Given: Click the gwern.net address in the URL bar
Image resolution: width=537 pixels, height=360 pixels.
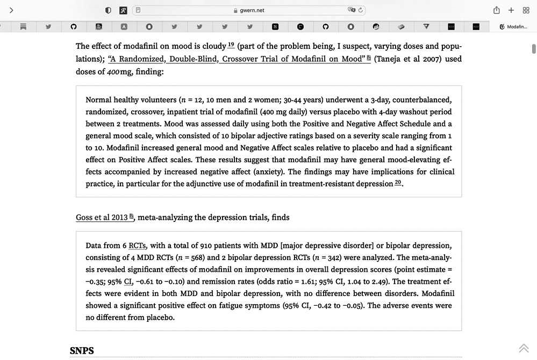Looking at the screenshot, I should pos(252,10).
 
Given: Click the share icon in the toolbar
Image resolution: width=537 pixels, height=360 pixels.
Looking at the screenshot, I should pos(496,10).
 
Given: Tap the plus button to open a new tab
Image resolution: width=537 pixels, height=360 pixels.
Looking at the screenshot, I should pos(511,10).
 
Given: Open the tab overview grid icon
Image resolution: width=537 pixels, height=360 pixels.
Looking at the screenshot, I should pos(526,10).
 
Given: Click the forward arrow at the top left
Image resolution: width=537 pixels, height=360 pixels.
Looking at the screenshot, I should pos(11,10).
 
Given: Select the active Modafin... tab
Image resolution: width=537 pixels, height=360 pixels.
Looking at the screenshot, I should pos(513,26).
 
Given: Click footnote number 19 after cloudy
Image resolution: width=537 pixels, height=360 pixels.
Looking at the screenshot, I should pos(232,45).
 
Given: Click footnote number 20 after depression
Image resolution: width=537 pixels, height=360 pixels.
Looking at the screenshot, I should pos(398,183).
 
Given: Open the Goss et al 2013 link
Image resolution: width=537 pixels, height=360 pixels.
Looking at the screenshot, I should pos(102,218).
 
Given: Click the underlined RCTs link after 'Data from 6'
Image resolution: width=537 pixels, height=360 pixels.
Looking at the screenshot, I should pos(137,246).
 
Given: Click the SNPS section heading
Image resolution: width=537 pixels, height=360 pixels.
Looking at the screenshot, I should pos(82,351).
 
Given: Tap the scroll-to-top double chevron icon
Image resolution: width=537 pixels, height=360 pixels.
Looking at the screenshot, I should pos(524,348).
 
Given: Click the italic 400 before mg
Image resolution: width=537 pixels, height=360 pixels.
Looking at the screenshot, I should pos(113,71).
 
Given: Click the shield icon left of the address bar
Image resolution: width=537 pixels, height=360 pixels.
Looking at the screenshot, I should pos(108,10).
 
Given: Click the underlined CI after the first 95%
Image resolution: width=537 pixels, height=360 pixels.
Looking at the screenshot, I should pos(128,282).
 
